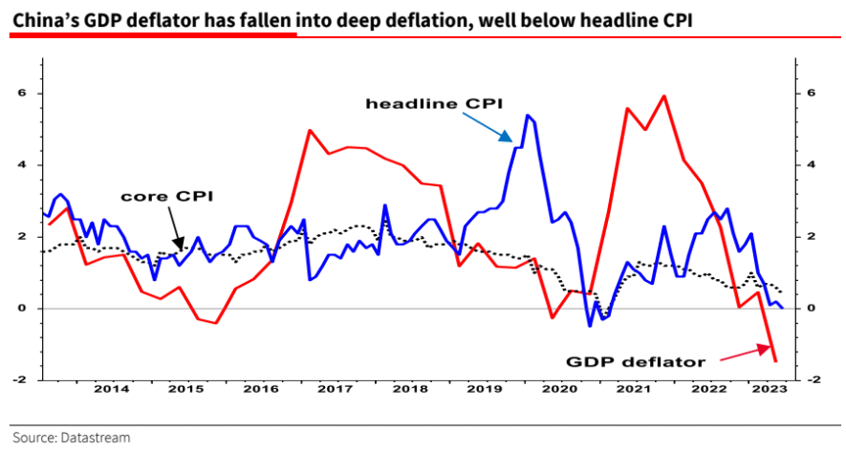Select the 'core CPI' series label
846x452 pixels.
click(x=166, y=196)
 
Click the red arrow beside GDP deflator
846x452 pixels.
click(x=747, y=355)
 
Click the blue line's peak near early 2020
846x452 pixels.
click(x=527, y=115)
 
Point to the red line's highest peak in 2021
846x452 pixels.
click(x=663, y=96)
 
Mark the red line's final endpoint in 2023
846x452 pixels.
click(x=775, y=361)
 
